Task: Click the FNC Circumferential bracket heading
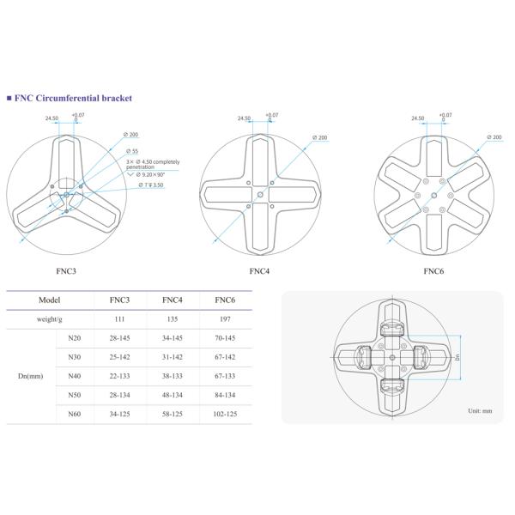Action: pyautogui.click(x=73, y=98)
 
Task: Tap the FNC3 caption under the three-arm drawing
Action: pyautogui.click(x=66, y=271)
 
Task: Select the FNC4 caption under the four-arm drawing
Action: pyautogui.click(x=259, y=271)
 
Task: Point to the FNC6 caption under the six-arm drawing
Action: pyautogui.click(x=433, y=271)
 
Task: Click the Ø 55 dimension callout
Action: pyautogui.click(x=132, y=151)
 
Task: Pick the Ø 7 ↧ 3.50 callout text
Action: pyautogui.click(x=151, y=185)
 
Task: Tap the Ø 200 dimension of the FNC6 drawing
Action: pyautogui.click(x=494, y=137)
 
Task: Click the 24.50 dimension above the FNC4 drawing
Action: pyautogui.click(x=244, y=118)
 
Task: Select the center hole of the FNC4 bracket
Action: pyautogui.click(x=260, y=195)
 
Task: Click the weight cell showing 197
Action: pyautogui.click(x=225, y=319)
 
